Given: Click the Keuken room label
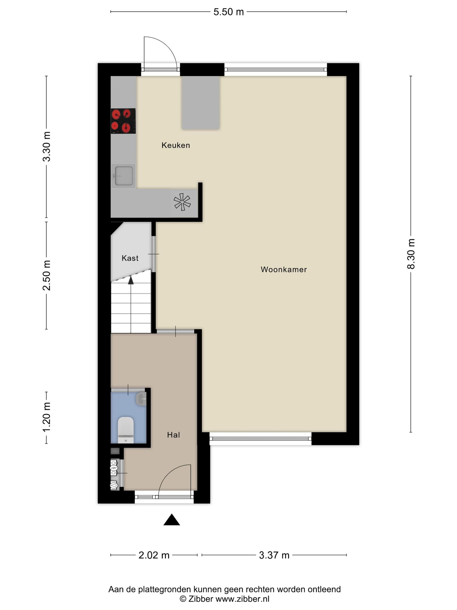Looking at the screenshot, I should pyautogui.click(x=176, y=145).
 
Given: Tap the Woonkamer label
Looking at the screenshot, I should pyautogui.click(x=283, y=269).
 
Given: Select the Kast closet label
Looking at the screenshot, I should pyautogui.click(x=130, y=258).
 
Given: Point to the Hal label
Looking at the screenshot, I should pyautogui.click(x=173, y=435).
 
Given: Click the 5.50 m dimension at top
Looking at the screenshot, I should pyautogui.click(x=228, y=12).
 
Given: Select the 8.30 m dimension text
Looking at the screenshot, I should pyautogui.click(x=411, y=254).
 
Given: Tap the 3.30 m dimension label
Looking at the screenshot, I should pyautogui.click(x=47, y=146).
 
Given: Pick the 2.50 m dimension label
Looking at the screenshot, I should pyautogui.click(x=47, y=275).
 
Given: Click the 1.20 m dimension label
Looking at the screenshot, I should pyautogui.click(x=47, y=417).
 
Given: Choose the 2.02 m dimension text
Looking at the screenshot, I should pyautogui.click(x=154, y=555).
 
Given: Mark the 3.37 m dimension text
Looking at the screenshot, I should pyautogui.click(x=274, y=555).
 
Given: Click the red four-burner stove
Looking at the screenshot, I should pyautogui.click(x=123, y=121).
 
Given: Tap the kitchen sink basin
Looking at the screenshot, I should pyautogui.click(x=124, y=176).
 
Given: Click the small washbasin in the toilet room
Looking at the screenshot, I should pyautogui.click(x=141, y=399).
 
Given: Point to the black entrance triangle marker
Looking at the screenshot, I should pyautogui.click(x=172, y=520).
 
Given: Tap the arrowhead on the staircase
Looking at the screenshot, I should pyautogui.click(x=131, y=280).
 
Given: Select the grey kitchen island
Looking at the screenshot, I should pyautogui.click(x=201, y=103).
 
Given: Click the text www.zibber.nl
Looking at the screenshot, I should pyautogui.click(x=242, y=599).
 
